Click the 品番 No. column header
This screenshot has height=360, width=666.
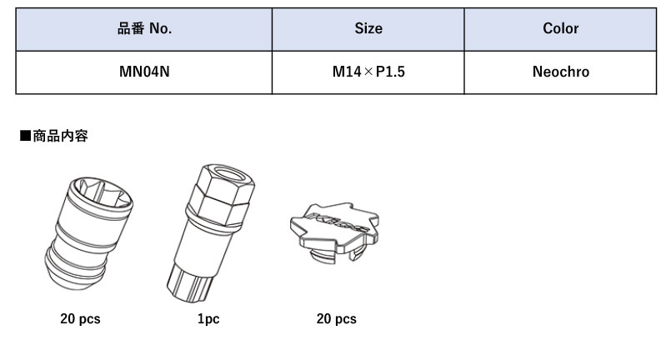pyautogui.click(x=144, y=29)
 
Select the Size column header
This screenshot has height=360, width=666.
pyautogui.click(x=368, y=29)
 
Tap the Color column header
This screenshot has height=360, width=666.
pyautogui.click(x=560, y=29)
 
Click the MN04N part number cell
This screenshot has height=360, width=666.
pyautogui.click(x=144, y=72)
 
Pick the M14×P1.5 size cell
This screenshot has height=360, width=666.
pyautogui.click(x=368, y=72)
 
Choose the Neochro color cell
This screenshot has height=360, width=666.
pyautogui.click(x=561, y=72)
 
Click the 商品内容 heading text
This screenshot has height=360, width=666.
pyautogui.click(x=60, y=136)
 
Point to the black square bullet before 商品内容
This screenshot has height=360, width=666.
pyautogui.click(x=26, y=136)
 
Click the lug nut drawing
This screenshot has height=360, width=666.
pyautogui.click(x=88, y=233)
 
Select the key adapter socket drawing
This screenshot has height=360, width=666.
pyautogui.click(x=210, y=233)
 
